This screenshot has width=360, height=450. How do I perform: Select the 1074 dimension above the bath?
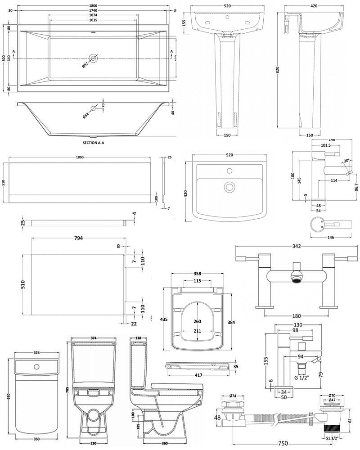93,15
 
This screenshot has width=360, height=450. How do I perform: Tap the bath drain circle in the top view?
94,58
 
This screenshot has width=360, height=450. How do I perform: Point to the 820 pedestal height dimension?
278,70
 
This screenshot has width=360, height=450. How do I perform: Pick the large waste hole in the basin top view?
230,186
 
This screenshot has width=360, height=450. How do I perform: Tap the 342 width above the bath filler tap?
296,246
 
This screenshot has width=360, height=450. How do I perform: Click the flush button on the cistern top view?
34,366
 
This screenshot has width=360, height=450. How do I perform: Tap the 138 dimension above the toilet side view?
138,337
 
